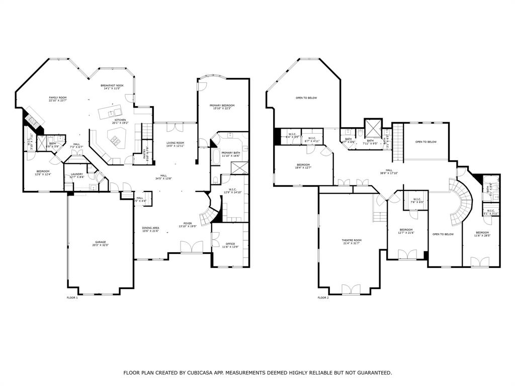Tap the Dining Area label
click(x=150, y=229)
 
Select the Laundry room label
click(x=70, y=175)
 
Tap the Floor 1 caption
click(x=72, y=298)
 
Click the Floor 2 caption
click(x=323, y=298)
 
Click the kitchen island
click(x=112, y=113)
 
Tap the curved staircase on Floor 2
click(x=461, y=201)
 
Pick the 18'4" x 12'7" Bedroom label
click(x=303, y=166)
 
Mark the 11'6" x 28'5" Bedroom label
click(x=482, y=234)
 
